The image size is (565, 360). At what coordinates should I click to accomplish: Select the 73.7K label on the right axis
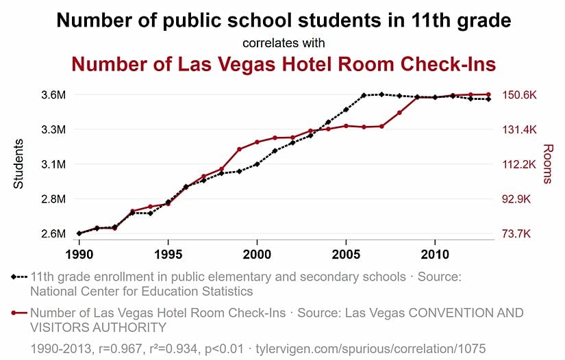click(x=518, y=234)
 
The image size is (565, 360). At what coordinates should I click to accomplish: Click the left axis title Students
click(x=19, y=164)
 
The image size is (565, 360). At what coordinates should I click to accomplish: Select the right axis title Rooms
click(x=547, y=164)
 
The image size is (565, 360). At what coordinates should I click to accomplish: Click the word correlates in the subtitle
click(x=269, y=43)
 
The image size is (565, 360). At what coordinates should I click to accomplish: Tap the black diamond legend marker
click(x=14, y=277)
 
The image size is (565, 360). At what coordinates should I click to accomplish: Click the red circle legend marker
click(x=14, y=313)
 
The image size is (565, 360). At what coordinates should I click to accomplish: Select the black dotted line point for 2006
click(x=364, y=95)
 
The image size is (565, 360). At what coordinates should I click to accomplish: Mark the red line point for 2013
click(x=488, y=94)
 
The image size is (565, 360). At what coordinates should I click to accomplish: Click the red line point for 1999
click(x=239, y=149)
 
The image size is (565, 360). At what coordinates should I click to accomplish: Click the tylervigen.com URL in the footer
click(x=371, y=349)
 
